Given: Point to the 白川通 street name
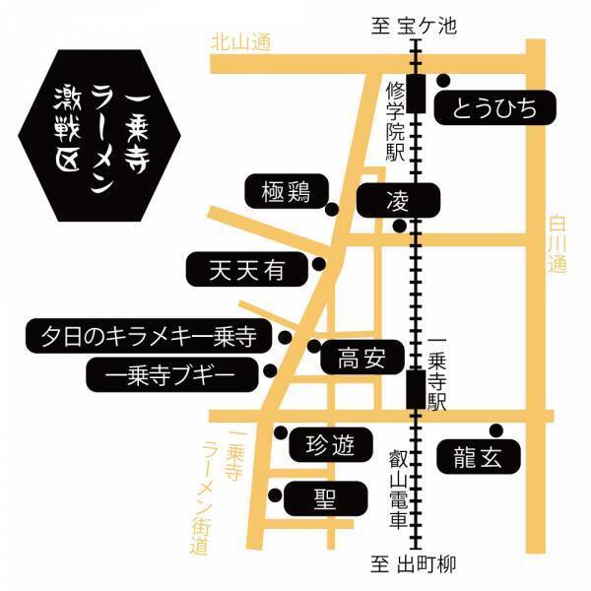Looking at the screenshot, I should pos(558,247).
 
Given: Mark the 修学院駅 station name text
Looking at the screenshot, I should pos(395,123).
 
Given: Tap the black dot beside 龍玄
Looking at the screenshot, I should pos(495,429).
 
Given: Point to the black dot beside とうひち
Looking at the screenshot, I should pos(444,81).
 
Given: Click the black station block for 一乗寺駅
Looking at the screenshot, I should pos(416,388).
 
